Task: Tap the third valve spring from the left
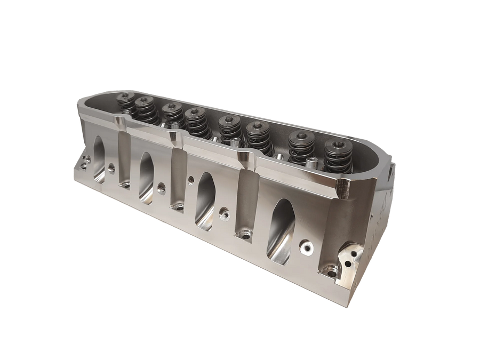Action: click(171, 117)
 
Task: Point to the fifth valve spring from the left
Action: click(228, 129)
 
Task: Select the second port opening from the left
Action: click(147, 173)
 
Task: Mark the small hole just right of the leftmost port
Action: click(111, 168)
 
